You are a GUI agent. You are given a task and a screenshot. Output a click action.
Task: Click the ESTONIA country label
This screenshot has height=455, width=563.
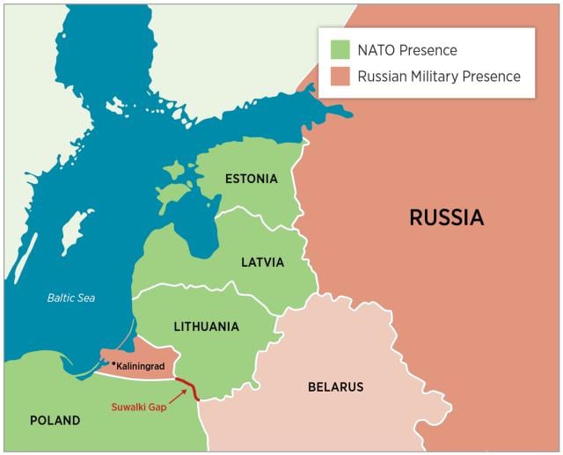click(x=251, y=179)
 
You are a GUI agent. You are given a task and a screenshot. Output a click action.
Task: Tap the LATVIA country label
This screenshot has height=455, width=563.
click(x=262, y=262)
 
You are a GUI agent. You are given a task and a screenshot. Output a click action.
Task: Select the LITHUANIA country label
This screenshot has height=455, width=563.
click(x=206, y=327)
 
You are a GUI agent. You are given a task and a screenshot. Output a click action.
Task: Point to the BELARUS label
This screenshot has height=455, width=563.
click(x=335, y=387)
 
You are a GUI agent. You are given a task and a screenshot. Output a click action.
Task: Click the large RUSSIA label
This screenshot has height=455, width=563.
click(x=446, y=217)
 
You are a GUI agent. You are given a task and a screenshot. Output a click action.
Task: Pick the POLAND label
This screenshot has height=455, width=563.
click(x=55, y=421)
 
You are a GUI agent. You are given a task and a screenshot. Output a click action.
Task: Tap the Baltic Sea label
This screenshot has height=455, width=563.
click(x=71, y=298)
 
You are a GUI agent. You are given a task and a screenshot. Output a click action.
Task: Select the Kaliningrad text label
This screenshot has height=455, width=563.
click(x=141, y=365)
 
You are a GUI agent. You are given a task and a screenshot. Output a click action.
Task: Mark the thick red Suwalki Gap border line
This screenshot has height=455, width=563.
click(x=187, y=388)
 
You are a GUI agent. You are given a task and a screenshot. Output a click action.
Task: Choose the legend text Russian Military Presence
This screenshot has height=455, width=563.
click(x=438, y=77)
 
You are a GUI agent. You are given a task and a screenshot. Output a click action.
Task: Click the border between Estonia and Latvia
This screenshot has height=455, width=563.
click(x=255, y=212)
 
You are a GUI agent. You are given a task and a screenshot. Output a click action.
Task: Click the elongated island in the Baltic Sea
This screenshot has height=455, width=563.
click(x=76, y=231)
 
